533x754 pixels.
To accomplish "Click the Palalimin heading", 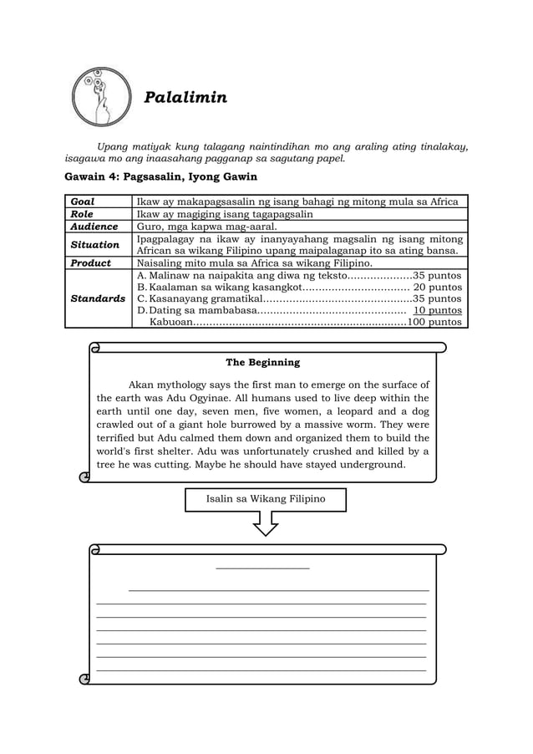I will (185, 98).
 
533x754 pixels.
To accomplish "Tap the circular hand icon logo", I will (101, 96).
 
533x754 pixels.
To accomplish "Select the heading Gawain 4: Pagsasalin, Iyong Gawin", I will (160, 177).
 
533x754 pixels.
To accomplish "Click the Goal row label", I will (83, 201).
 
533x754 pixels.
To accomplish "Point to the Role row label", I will (82, 214).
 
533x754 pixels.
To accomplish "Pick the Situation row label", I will (94, 245).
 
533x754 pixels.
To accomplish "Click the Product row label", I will (90, 262).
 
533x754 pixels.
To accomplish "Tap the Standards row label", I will (98, 298).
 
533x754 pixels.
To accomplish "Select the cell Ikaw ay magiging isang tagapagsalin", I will (225, 214).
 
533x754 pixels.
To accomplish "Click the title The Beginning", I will (262, 363).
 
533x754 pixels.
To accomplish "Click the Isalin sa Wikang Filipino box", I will (265, 499).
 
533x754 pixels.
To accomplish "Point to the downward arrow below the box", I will (266, 523).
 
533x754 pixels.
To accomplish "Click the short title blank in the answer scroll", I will (262, 568).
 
